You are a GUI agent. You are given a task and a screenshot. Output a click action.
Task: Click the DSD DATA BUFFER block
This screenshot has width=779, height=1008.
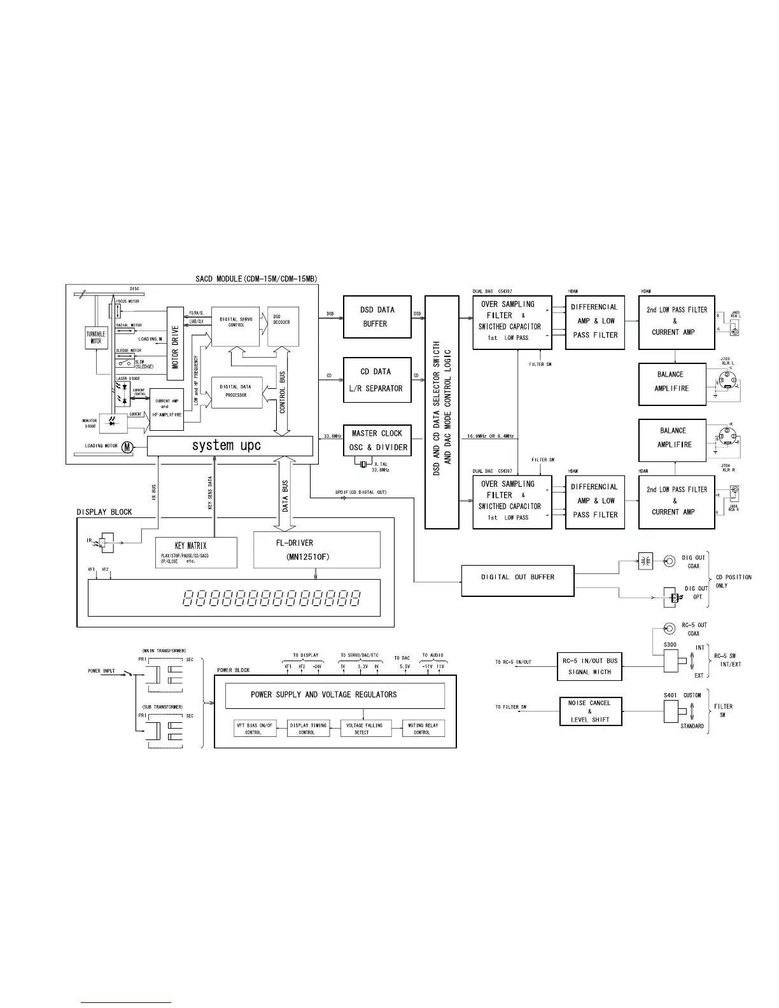click(377, 317)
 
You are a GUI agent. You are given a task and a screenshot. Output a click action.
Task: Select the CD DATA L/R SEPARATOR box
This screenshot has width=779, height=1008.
click(377, 380)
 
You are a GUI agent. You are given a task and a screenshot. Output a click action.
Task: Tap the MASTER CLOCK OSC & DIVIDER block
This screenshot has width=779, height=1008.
click(377, 440)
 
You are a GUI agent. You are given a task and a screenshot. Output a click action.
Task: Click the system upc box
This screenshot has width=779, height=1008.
click(230, 445)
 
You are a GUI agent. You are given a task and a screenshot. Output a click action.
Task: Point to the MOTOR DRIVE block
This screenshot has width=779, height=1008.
click(175, 344)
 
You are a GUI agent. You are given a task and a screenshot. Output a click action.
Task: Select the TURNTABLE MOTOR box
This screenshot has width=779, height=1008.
click(95, 338)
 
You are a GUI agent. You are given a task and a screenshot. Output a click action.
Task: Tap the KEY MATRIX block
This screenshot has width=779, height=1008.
click(196, 552)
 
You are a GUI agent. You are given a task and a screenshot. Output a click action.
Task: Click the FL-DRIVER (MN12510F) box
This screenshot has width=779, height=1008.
click(316, 550)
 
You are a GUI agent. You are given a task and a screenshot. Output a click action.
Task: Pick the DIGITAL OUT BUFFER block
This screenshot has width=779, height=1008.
click(517, 578)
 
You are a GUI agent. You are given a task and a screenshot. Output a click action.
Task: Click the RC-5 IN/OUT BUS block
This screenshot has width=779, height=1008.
click(589, 666)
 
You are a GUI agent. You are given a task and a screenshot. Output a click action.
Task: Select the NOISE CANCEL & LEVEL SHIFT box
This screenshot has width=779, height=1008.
click(589, 711)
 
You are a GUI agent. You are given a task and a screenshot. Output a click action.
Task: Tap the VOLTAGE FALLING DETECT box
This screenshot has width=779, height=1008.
click(364, 729)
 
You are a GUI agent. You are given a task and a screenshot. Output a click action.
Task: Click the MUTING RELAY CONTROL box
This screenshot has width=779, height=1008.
click(423, 729)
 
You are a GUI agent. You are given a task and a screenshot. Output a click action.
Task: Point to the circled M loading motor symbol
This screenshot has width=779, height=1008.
click(127, 447)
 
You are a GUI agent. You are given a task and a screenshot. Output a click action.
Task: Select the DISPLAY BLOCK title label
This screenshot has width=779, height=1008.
click(104, 512)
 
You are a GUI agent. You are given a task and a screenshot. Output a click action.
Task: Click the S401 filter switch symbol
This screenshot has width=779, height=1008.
click(671, 712)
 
